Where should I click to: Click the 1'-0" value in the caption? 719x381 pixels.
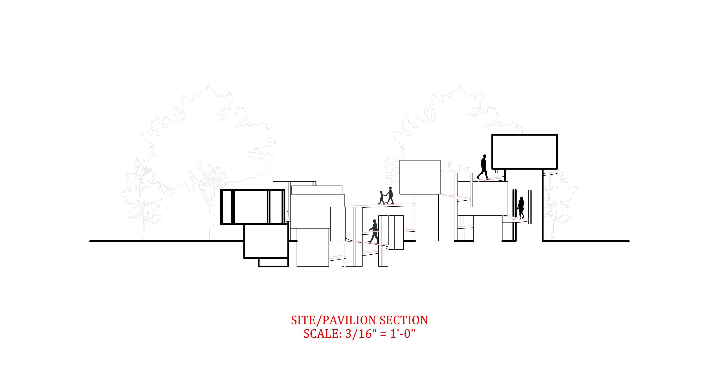403,334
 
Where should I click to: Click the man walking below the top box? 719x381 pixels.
483,167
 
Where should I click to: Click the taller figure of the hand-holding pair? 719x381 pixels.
390,195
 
